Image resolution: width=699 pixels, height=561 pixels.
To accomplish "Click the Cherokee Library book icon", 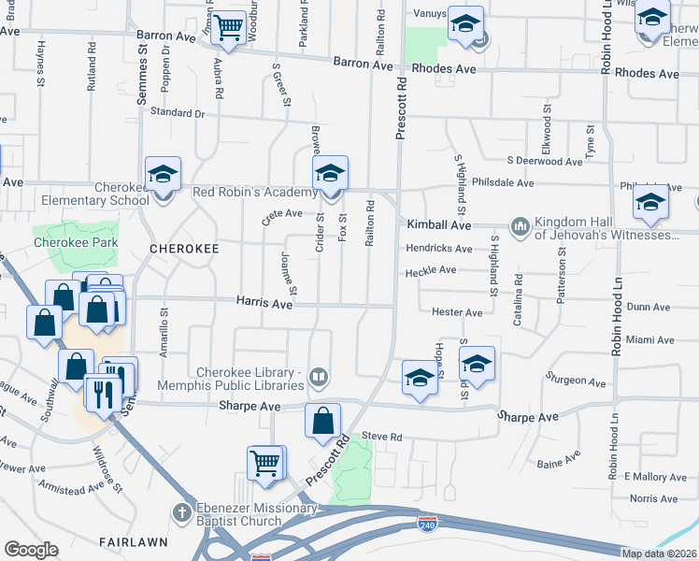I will [319, 377].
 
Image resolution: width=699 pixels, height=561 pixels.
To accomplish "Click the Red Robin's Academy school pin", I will [330, 175].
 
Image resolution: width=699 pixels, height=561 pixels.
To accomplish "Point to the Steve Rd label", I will [381, 436].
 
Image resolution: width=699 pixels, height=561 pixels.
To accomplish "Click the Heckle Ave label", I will [430, 271].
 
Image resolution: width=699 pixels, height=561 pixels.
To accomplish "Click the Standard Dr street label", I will [177, 113].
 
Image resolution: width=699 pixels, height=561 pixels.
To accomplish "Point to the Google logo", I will [31, 550].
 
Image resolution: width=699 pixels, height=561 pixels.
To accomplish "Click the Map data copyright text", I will [660, 554].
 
